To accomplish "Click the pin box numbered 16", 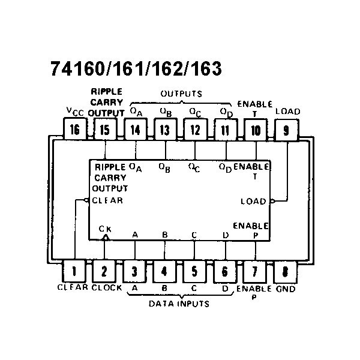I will (74, 129).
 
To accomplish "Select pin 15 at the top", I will (104, 129).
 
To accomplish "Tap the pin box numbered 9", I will (286, 129).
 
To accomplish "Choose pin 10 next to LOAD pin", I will (256, 129).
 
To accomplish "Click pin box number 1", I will (74, 271).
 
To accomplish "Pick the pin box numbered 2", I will (104, 271).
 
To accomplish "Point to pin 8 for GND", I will (285, 271).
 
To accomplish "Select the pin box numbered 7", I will (255, 271).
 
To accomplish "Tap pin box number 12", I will (195, 129).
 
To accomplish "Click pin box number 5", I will (194, 271).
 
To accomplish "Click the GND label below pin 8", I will (286, 288).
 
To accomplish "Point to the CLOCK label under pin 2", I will (107, 287).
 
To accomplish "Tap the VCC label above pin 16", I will (75, 112).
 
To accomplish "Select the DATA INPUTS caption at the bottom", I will (179, 304).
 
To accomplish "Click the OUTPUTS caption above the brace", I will (181, 94).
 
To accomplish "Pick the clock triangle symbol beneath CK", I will (105, 238).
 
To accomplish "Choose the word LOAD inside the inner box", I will (253, 201).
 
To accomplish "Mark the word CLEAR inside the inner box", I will (107, 200).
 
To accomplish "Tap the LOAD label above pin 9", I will (288, 112).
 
